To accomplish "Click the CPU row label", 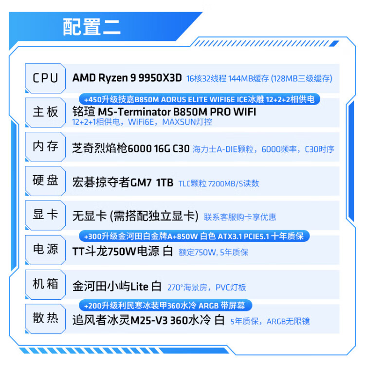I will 45,78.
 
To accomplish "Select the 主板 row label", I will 45,112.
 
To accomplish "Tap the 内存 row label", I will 45,146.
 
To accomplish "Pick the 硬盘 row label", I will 45,181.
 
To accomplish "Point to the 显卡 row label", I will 45,215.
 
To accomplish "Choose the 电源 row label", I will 45,250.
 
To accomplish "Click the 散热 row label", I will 45,319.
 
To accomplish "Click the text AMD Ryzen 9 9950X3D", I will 127,78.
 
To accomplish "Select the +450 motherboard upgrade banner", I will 199,99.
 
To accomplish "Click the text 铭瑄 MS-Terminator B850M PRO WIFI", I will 164,111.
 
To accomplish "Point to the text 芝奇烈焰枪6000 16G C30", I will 130,149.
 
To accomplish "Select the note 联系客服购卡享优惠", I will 240,217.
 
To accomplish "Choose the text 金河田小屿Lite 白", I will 116,286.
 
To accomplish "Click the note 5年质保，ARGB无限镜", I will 270,321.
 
